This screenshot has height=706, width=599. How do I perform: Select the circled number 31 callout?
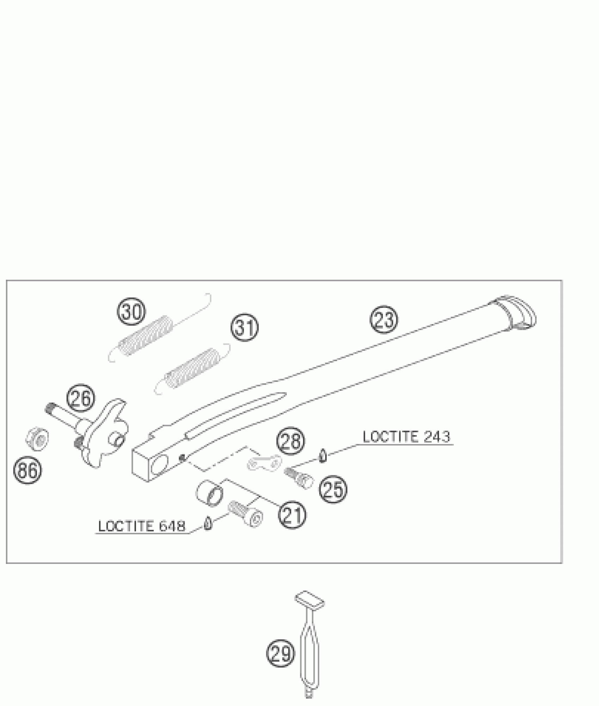coord(245,327)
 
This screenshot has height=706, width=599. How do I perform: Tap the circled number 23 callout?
coord(384,319)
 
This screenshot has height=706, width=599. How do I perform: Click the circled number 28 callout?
coord(290,441)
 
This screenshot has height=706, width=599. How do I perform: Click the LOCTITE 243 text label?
coord(406,437)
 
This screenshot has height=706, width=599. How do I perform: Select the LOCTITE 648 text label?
coord(141,527)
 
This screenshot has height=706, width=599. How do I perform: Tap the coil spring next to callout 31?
coord(192,367)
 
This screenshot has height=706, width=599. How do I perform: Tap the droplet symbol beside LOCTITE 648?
coord(208,524)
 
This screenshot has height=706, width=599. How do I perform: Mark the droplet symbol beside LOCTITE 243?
coord(322,456)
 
